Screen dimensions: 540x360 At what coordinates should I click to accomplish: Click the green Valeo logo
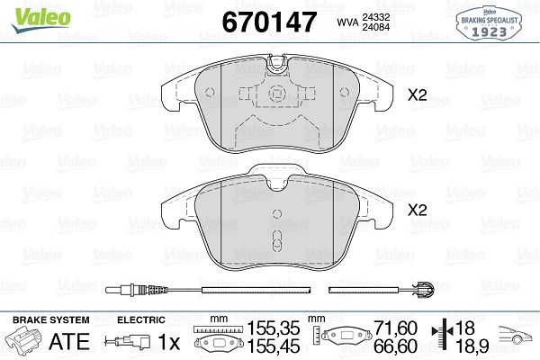(40, 20)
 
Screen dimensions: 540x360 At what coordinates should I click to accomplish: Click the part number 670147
(269, 22)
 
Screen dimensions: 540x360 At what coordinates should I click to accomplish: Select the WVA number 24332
(375, 17)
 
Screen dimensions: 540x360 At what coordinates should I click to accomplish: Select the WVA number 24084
(375, 27)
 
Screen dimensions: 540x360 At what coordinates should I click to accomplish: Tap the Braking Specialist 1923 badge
(489, 23)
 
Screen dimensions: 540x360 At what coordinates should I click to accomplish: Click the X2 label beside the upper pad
(417, 95)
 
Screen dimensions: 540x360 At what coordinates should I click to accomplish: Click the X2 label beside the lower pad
(417, 210)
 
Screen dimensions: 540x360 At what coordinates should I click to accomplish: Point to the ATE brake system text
(69, 341)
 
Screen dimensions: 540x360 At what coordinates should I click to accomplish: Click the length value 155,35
(274, 328)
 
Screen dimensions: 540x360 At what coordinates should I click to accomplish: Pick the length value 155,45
(274, 346)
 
